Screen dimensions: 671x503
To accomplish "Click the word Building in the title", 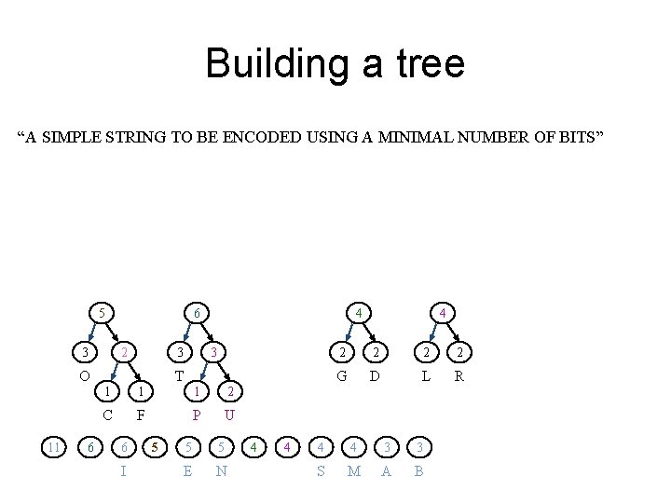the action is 264,64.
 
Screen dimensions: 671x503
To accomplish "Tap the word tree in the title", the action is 429,64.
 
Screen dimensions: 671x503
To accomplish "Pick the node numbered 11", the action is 54,448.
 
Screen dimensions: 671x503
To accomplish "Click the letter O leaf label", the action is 85,376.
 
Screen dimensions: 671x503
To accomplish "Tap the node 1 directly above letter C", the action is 108,391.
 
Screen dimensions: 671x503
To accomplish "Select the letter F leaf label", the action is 140,415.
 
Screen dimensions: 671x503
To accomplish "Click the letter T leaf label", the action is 179,376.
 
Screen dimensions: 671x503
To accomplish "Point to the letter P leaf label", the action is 197,415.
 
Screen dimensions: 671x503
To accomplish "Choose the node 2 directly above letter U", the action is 230,391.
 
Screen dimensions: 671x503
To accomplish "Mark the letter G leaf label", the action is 343,376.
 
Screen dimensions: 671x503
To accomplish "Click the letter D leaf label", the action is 375,376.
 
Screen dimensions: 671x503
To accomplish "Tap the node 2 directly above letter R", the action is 458,352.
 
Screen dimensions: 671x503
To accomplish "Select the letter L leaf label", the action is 425,376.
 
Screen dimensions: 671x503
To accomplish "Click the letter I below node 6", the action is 124,471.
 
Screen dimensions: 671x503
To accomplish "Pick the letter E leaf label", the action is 188,471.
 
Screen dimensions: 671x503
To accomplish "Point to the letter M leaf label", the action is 353,471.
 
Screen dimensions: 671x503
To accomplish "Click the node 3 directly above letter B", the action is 418,448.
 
